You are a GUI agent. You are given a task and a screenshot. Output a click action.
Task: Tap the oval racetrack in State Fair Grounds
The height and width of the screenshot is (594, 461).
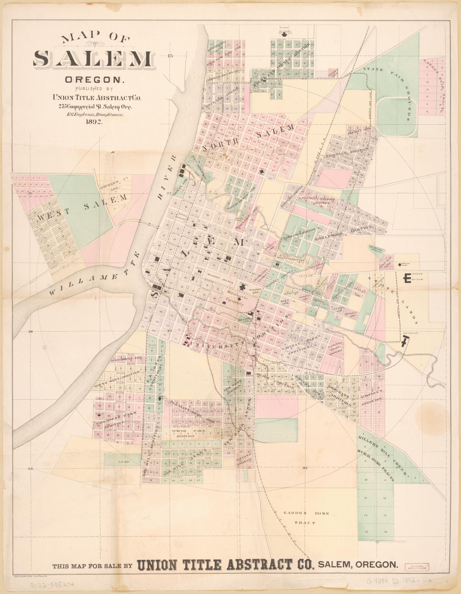397,118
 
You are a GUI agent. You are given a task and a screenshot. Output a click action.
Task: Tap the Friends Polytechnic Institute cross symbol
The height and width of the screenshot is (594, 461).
285,35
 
